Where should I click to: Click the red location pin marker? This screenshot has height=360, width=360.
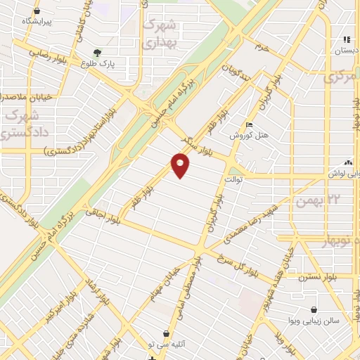point(181,166)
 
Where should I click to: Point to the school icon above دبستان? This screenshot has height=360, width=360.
point(346,39)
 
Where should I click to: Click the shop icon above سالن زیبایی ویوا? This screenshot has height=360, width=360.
point(313,309)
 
